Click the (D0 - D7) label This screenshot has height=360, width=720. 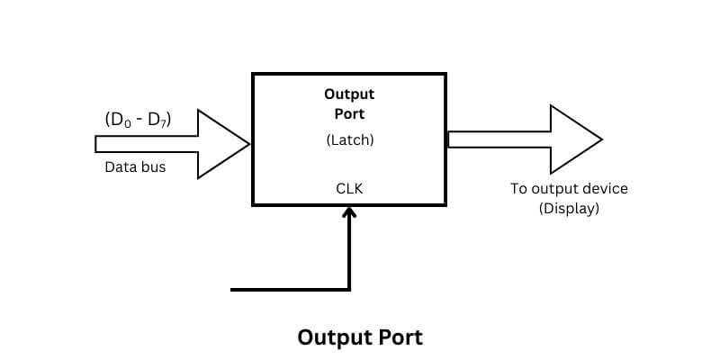click(138, 120)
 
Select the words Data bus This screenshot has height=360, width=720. click(135, 166)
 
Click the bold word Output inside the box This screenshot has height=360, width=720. click(349, 94)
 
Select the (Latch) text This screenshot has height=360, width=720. click(349, 140)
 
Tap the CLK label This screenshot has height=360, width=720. click(349, 188)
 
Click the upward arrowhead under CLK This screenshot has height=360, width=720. click(349, 211)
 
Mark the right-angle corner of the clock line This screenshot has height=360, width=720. click(349, 289)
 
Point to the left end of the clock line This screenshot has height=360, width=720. click(234, 289)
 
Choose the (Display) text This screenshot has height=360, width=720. click(569, 208)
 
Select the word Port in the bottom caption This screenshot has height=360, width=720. click(395, 337)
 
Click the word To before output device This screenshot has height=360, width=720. click(518, 189)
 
